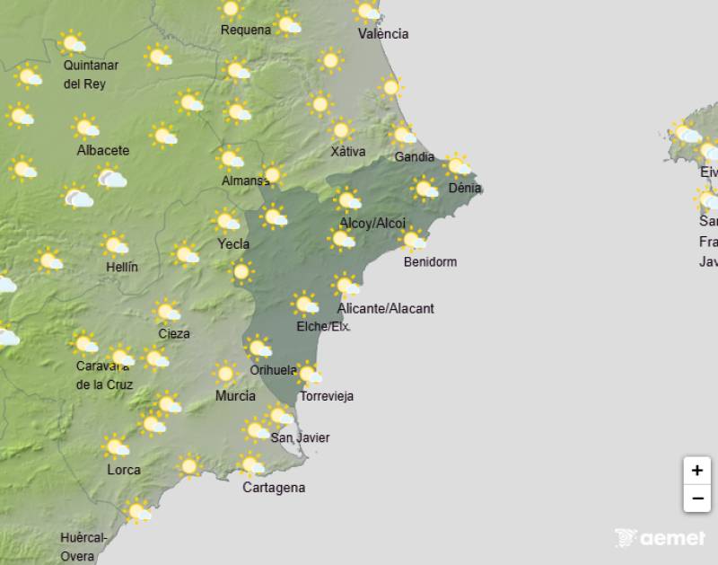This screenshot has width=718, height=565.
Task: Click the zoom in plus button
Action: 696,470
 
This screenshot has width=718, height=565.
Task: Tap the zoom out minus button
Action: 696,498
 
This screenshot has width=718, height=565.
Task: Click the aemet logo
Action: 661,538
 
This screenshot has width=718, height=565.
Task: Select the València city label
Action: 383,34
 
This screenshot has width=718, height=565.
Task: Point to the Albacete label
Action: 103,150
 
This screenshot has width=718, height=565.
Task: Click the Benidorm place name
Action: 430,262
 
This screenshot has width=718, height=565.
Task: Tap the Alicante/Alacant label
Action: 386,308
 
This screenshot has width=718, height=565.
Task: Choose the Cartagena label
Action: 274,488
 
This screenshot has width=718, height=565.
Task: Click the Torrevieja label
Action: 327,396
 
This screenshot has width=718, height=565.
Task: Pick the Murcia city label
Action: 235,396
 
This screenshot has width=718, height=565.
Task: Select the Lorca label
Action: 124,470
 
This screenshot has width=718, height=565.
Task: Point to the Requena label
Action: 246,30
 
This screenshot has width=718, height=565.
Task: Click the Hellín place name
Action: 121,267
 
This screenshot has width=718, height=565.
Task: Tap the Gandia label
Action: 415,157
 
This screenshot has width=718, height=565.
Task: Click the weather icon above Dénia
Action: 459,165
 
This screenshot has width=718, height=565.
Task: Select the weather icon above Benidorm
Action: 413,240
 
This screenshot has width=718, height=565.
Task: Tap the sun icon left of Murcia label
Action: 225,373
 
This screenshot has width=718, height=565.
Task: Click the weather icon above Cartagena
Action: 251,464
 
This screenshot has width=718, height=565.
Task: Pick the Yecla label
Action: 233,243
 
